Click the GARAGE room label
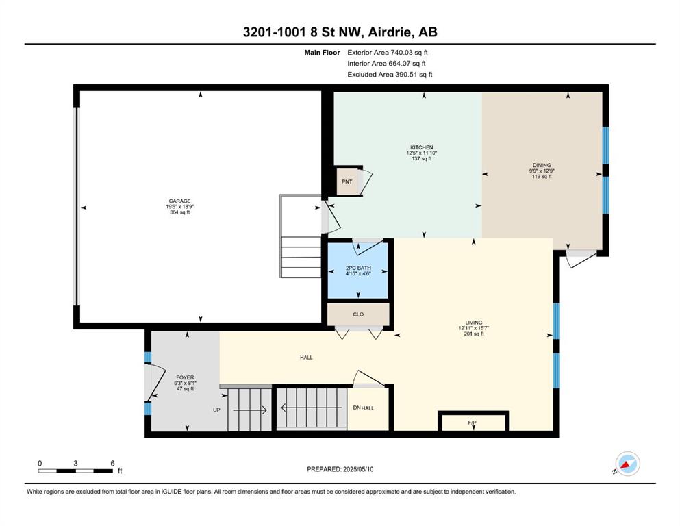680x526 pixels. (179, 201)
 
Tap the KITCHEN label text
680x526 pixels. (422, 147)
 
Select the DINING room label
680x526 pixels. (542, 165)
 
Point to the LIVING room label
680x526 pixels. (474, 323)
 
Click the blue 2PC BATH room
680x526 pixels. (357, 271)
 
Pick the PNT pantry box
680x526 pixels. (347, 181)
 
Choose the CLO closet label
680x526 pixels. (358, 314)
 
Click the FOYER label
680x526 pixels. (185, 377)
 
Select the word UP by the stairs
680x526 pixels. (216, 410)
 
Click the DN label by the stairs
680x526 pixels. (357, 408)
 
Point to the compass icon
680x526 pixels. (627, 464)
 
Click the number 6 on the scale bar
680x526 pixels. (112, 463)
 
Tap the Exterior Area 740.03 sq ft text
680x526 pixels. (388, 53)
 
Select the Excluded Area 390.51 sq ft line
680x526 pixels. (390, 74)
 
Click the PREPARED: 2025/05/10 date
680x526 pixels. (340, 469)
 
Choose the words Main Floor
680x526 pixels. (322, 53)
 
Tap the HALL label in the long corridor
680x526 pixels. (306, 358)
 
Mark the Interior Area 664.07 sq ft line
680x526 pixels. (386, 63)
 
